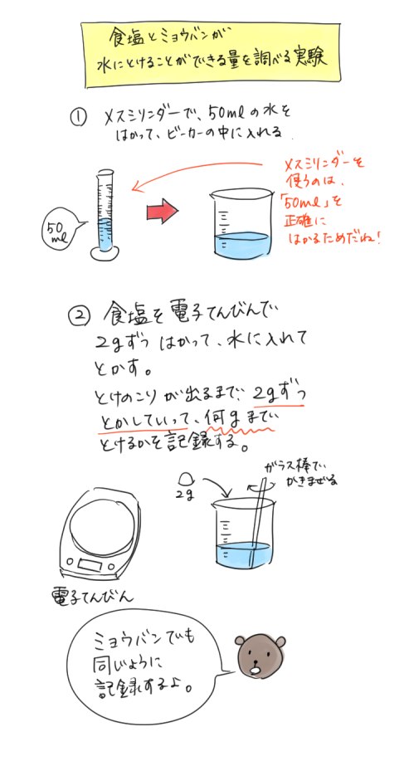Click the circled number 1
pyautogui.click(x=80, y=118)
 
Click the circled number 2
pyautogui.click(x=78, y=316)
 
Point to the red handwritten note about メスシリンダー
pyautogui.click(x=332, y=199)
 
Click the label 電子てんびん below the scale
pyautogui.click(x=92, y=595)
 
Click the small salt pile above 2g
pyautogui.click(x=187, y=478)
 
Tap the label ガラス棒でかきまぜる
pyautogui.click(x=299, y=473)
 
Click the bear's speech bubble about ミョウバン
pyautogui.click(x=145, y=664)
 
